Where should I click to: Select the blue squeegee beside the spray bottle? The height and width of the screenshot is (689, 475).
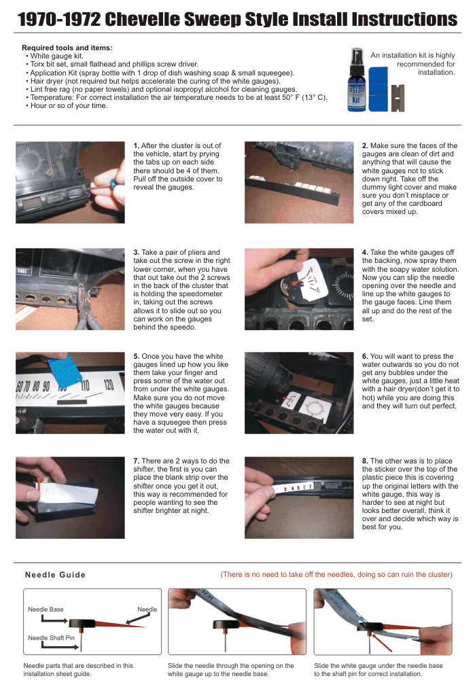(378, 89)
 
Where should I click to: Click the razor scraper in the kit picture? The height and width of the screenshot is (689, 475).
(398, 98)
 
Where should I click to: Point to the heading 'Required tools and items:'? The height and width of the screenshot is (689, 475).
(67, 48)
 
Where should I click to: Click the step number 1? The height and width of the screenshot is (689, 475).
(136, 146)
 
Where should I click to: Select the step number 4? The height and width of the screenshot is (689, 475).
(365, 253)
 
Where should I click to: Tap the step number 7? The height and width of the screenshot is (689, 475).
(136, 461)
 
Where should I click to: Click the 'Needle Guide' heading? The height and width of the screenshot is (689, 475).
(55, 575)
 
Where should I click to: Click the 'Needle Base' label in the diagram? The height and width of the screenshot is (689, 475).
(46, 609)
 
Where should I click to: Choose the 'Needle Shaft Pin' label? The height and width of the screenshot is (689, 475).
(52, 638)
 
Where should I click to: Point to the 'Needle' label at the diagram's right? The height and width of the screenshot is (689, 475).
(147, 609)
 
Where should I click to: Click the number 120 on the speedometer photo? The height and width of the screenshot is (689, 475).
(109, 385)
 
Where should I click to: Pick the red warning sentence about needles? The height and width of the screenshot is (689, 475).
(336, 575)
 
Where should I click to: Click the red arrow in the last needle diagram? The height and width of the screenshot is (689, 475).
(382, 642)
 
